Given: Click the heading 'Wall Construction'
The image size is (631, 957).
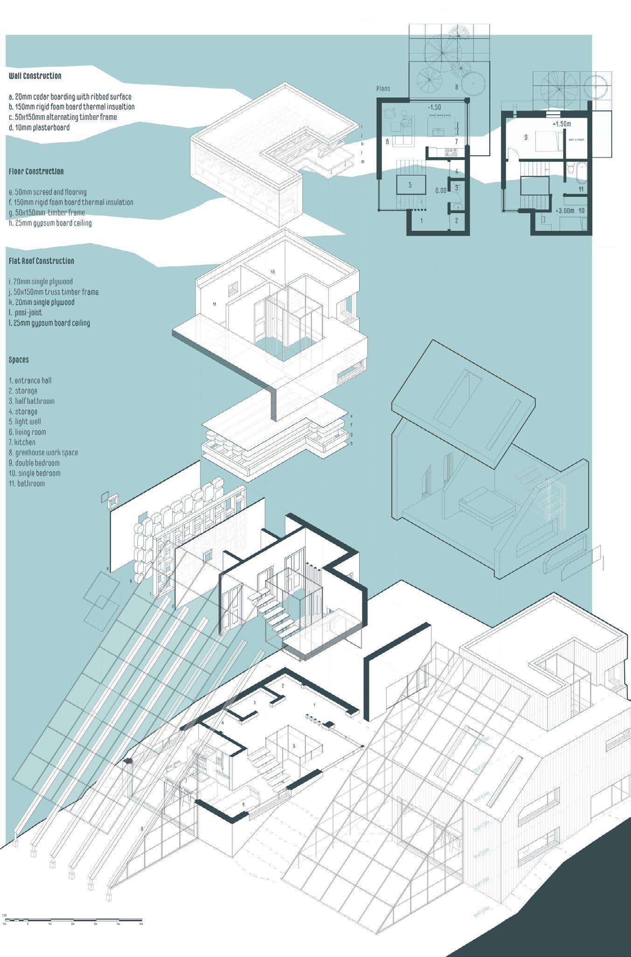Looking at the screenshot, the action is pyautogui.click(x=35, y=76).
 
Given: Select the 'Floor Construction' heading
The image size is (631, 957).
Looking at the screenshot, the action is pyautogui.click(x=36, y=172).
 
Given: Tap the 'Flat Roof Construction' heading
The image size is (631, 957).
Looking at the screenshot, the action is pyautogui.click(x=41, y=261).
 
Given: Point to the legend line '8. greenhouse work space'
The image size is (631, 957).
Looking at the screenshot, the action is pyautogui.click(x=43, y=452).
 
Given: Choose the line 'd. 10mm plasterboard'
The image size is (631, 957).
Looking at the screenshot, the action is pyautogui.click(x=39, y=127).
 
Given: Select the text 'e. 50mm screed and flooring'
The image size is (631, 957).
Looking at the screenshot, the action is pyautogui.click(x=48, y=192).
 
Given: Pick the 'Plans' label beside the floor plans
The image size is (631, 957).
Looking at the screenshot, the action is pyautogui.click(x=383, y=89).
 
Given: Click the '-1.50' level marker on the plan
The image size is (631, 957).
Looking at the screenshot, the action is pyautogui.click(x=434, y=107).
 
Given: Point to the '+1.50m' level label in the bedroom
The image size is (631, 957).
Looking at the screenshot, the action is pyautogui.click(x=561, y=125).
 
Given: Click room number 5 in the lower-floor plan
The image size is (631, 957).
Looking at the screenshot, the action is pyautogui.click(x=410, y=185).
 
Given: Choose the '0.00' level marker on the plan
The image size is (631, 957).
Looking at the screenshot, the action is pyautogui.click(x=441, y=191).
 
